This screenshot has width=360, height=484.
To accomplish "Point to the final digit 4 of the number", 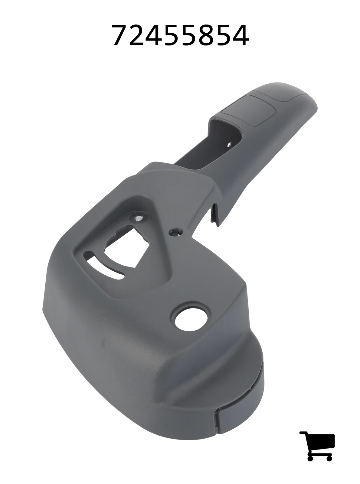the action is (x=240, y=35).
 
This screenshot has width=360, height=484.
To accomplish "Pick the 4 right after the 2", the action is (x=154, y=35).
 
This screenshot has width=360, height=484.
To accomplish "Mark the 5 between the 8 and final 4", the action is (x=223, y=35).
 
